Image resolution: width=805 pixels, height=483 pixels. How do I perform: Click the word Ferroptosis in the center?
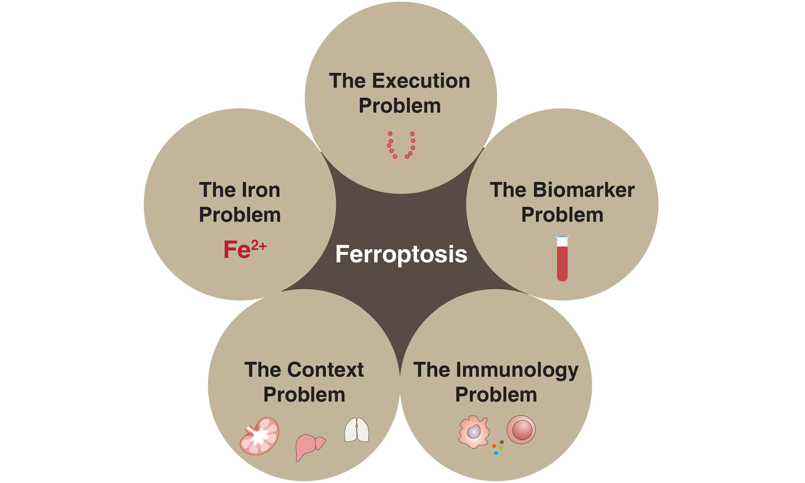coord(401,254)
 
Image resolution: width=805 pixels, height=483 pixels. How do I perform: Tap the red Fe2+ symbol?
coord(245,249)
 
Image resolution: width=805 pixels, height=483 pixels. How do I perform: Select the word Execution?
coord(421,81)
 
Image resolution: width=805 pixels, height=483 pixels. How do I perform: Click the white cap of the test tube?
coord(562,241)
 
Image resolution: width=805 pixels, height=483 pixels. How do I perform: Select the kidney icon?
coord(259,436)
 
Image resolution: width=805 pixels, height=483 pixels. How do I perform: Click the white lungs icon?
coord(357,430)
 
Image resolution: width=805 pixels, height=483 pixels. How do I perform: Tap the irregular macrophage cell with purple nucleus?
coord(474,431)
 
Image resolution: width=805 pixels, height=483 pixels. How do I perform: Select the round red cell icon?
coord(521,430)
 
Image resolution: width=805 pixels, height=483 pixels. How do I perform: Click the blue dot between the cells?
coord(496,453)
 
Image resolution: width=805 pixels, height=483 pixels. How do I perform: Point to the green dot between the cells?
coord(501,448)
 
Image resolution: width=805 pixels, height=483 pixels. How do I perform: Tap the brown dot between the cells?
coord(502,442)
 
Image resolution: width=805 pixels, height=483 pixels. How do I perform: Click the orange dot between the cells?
coord(494,446)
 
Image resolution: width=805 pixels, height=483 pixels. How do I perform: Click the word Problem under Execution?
coord(400,106)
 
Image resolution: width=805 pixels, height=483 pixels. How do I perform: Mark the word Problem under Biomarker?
coord(562,215)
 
